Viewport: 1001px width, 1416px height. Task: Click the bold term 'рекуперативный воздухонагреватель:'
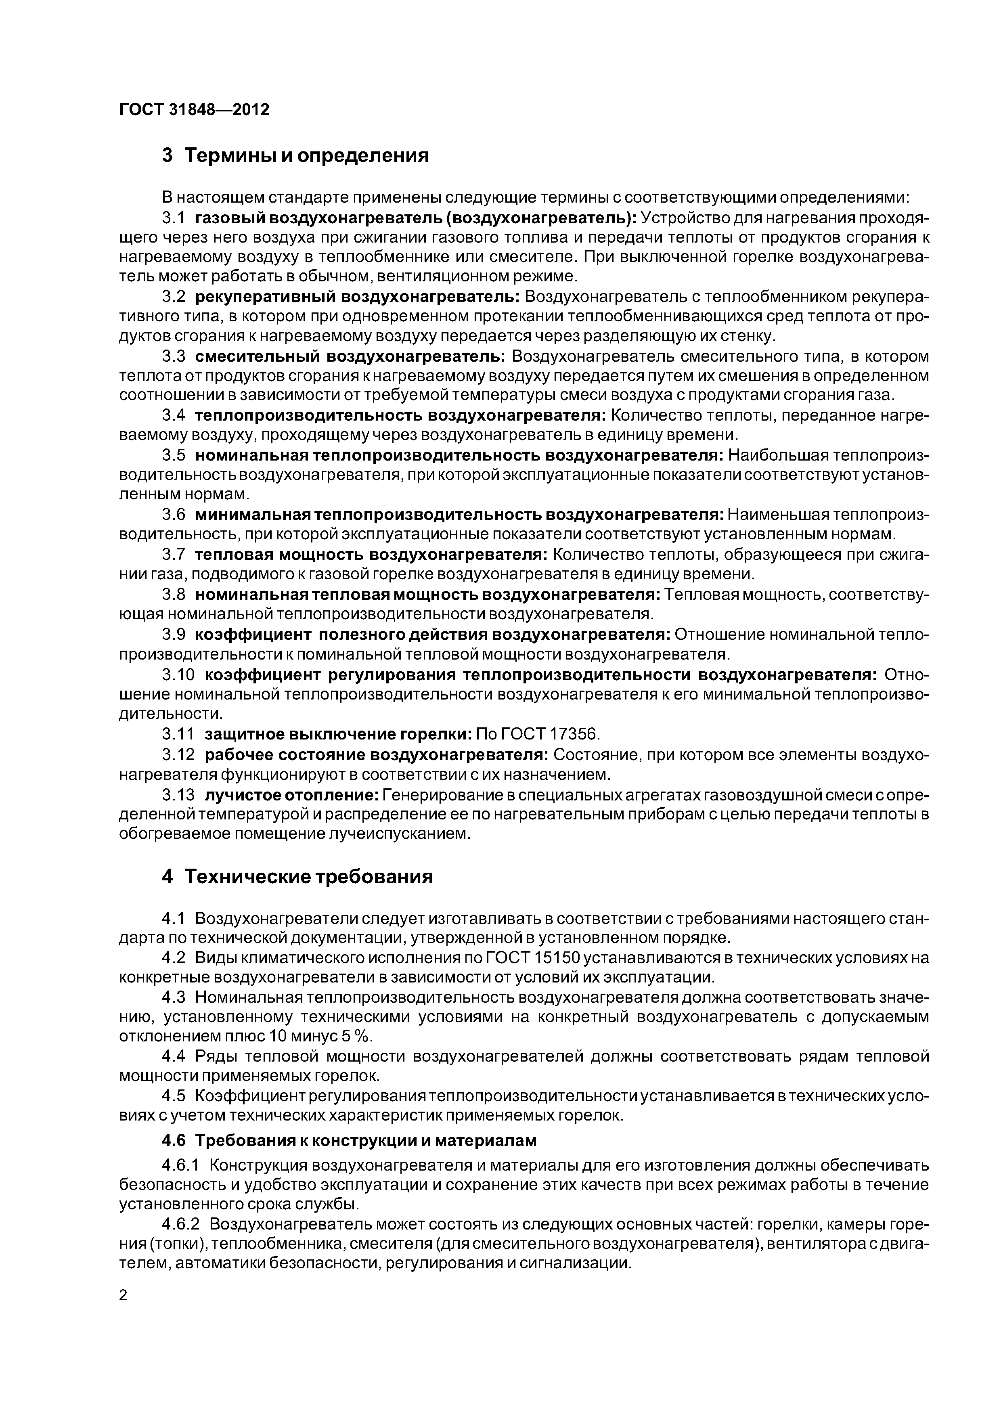357,297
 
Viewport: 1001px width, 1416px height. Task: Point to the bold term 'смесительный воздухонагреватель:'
350,356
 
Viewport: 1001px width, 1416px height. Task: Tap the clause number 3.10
178,674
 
